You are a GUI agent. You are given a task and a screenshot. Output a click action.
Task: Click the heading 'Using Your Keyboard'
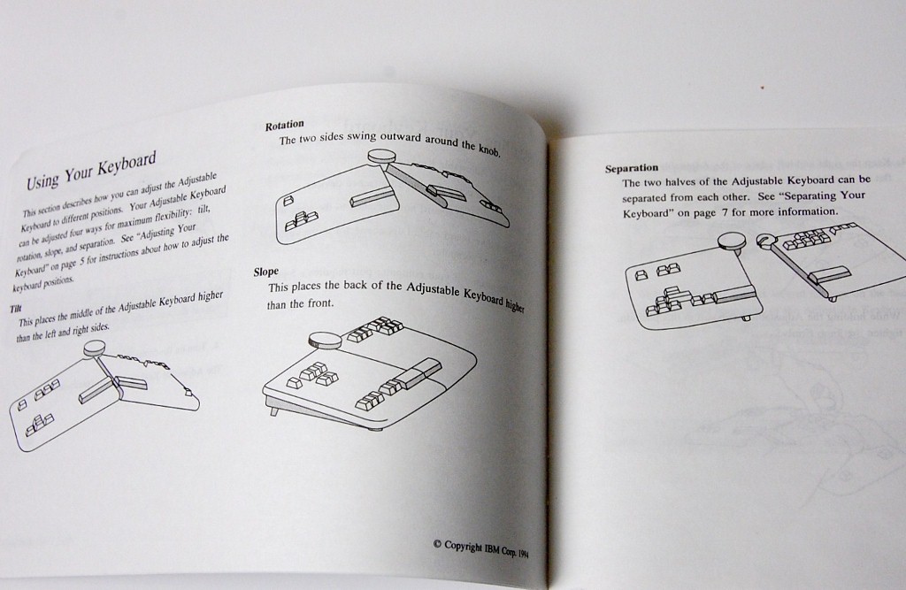[91, 171]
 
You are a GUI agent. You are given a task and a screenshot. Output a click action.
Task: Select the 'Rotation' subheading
[284, 125]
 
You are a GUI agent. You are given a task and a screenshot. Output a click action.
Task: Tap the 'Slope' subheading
[265, 272]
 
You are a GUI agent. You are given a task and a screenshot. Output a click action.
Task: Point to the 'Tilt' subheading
[16, 310]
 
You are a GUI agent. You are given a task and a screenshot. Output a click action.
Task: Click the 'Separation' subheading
[632, 168]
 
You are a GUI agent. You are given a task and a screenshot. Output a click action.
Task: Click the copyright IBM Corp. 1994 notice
[480, 548]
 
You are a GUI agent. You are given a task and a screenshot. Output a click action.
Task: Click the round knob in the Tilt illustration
[95, 348]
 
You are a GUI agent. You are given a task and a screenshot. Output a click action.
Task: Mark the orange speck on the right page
[762, 88]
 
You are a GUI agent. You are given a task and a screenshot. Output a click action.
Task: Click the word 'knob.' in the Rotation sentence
[489, 149]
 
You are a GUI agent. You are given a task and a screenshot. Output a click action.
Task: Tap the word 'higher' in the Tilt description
[210, 297]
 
